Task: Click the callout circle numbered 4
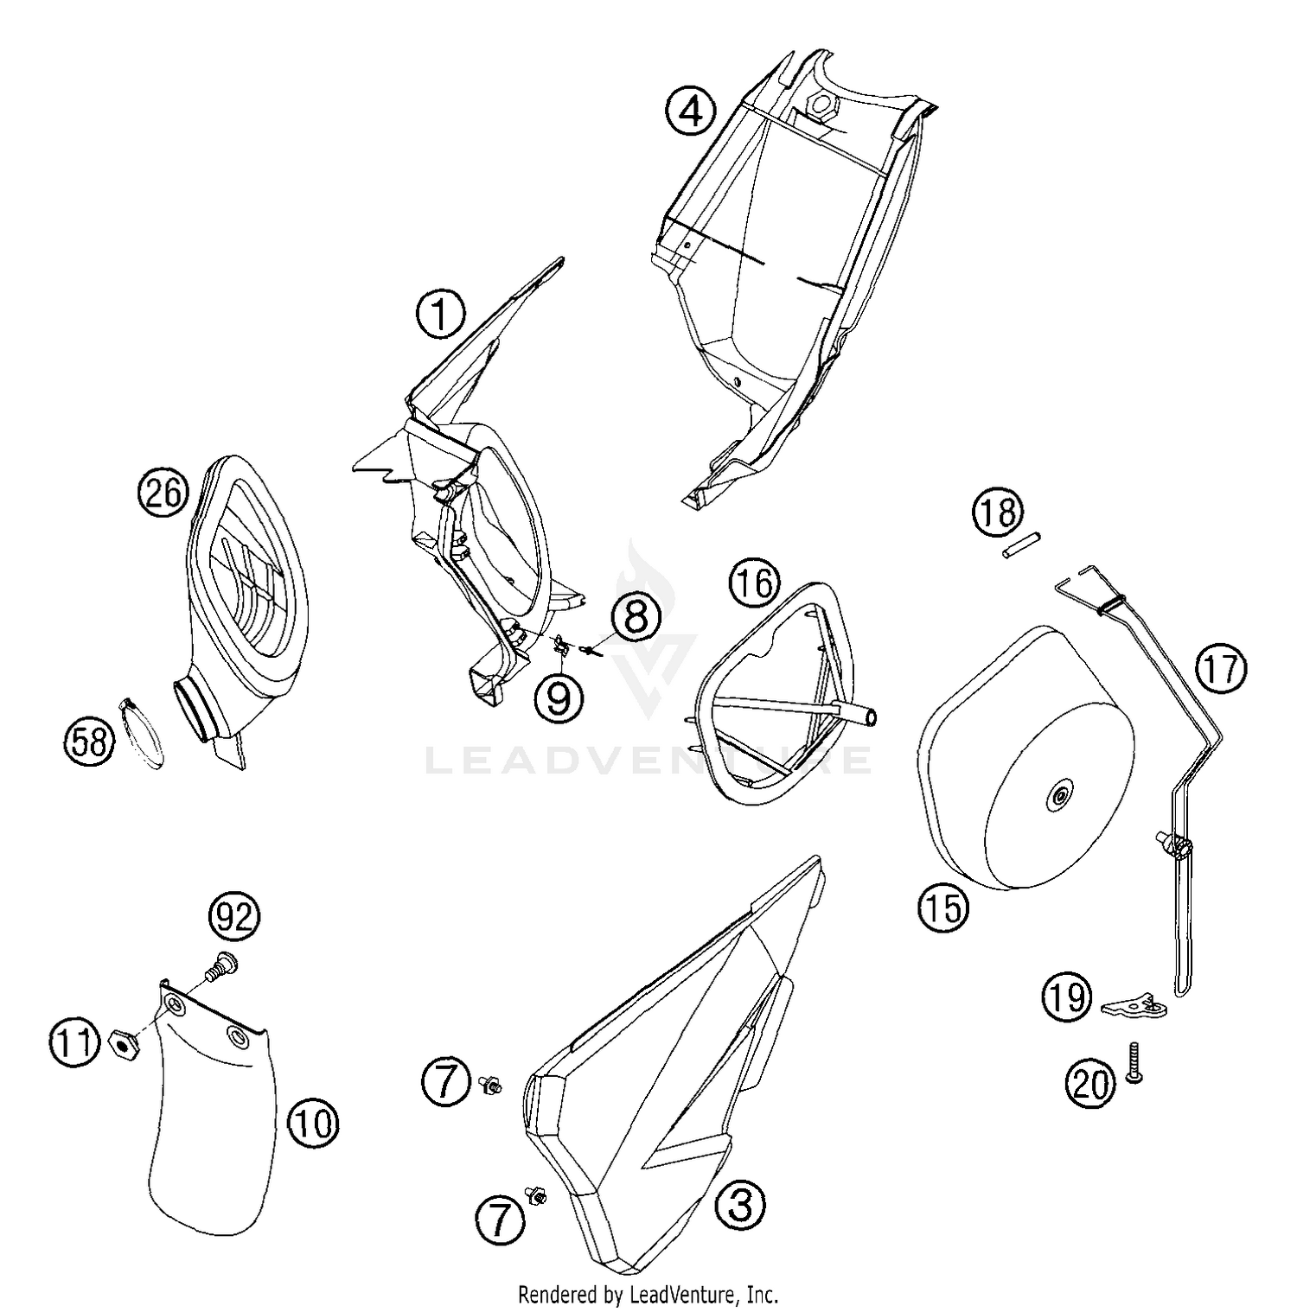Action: [x=691, y=111]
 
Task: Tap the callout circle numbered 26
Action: [x=163, y=494]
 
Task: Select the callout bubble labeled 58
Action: [x=89, y=741]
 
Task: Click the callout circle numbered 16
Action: [x=753, y=583]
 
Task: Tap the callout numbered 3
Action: [x=740, y=1203]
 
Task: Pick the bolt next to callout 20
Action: [x=1134, y=1064]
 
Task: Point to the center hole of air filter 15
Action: [x=1057, y=797]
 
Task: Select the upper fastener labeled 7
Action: [x=491, y=1083]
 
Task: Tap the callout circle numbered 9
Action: [x=559, y=697]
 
